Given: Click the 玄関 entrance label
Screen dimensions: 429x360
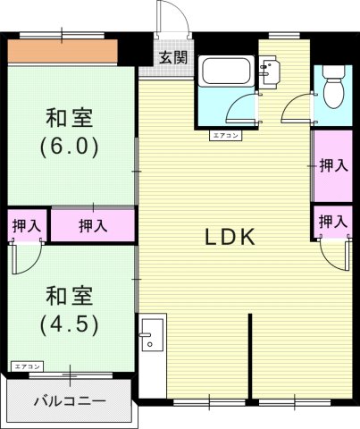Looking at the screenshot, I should (173, 58).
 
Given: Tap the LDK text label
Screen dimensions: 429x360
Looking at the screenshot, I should (232, 238).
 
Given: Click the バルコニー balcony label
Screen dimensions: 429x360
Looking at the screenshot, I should (69, 400).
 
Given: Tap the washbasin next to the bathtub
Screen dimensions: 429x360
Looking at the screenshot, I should (270, 71).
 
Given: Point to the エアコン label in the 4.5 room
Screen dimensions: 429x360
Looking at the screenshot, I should (28, 366).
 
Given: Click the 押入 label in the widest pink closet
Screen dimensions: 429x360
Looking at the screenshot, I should (92, 225).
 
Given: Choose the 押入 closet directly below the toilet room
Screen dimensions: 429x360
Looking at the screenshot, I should (333, 166).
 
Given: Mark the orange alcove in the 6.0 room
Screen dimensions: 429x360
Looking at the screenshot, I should (63, 52).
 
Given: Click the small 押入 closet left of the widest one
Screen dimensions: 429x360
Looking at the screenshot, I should (26, 226).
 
